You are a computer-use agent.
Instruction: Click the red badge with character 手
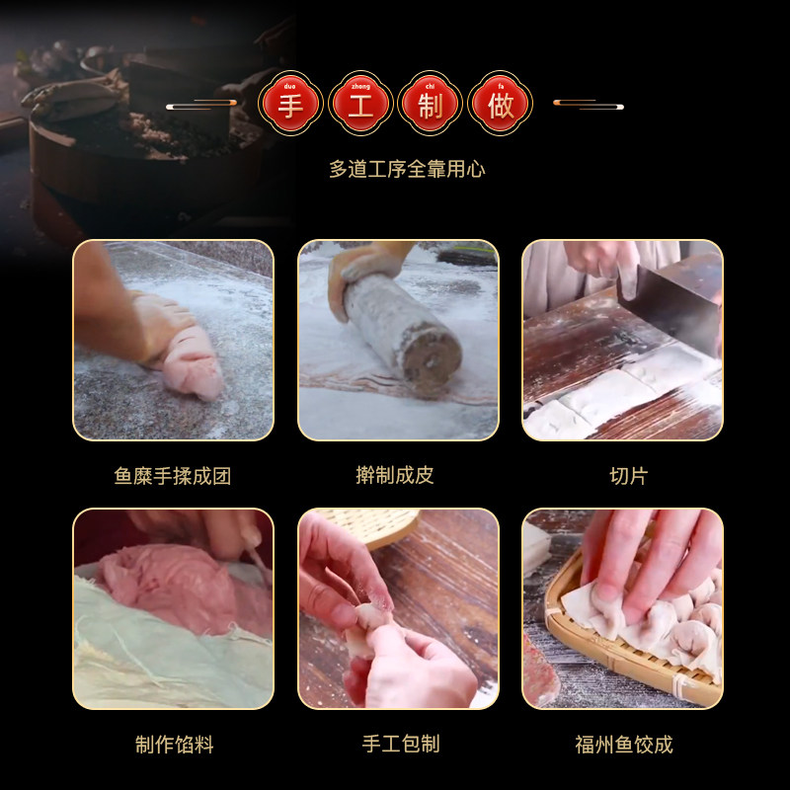click(291, 104)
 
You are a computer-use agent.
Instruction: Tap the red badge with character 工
click(361, 104)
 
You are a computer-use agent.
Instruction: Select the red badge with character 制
click(431, 104)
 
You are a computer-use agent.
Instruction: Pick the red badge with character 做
click(501, 104)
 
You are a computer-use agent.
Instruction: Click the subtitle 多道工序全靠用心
click(407, 169)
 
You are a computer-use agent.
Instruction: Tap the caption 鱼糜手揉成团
click(173, 476)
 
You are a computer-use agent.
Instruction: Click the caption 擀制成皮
click(395, 476)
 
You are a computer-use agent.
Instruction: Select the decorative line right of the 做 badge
click(588, 105)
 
